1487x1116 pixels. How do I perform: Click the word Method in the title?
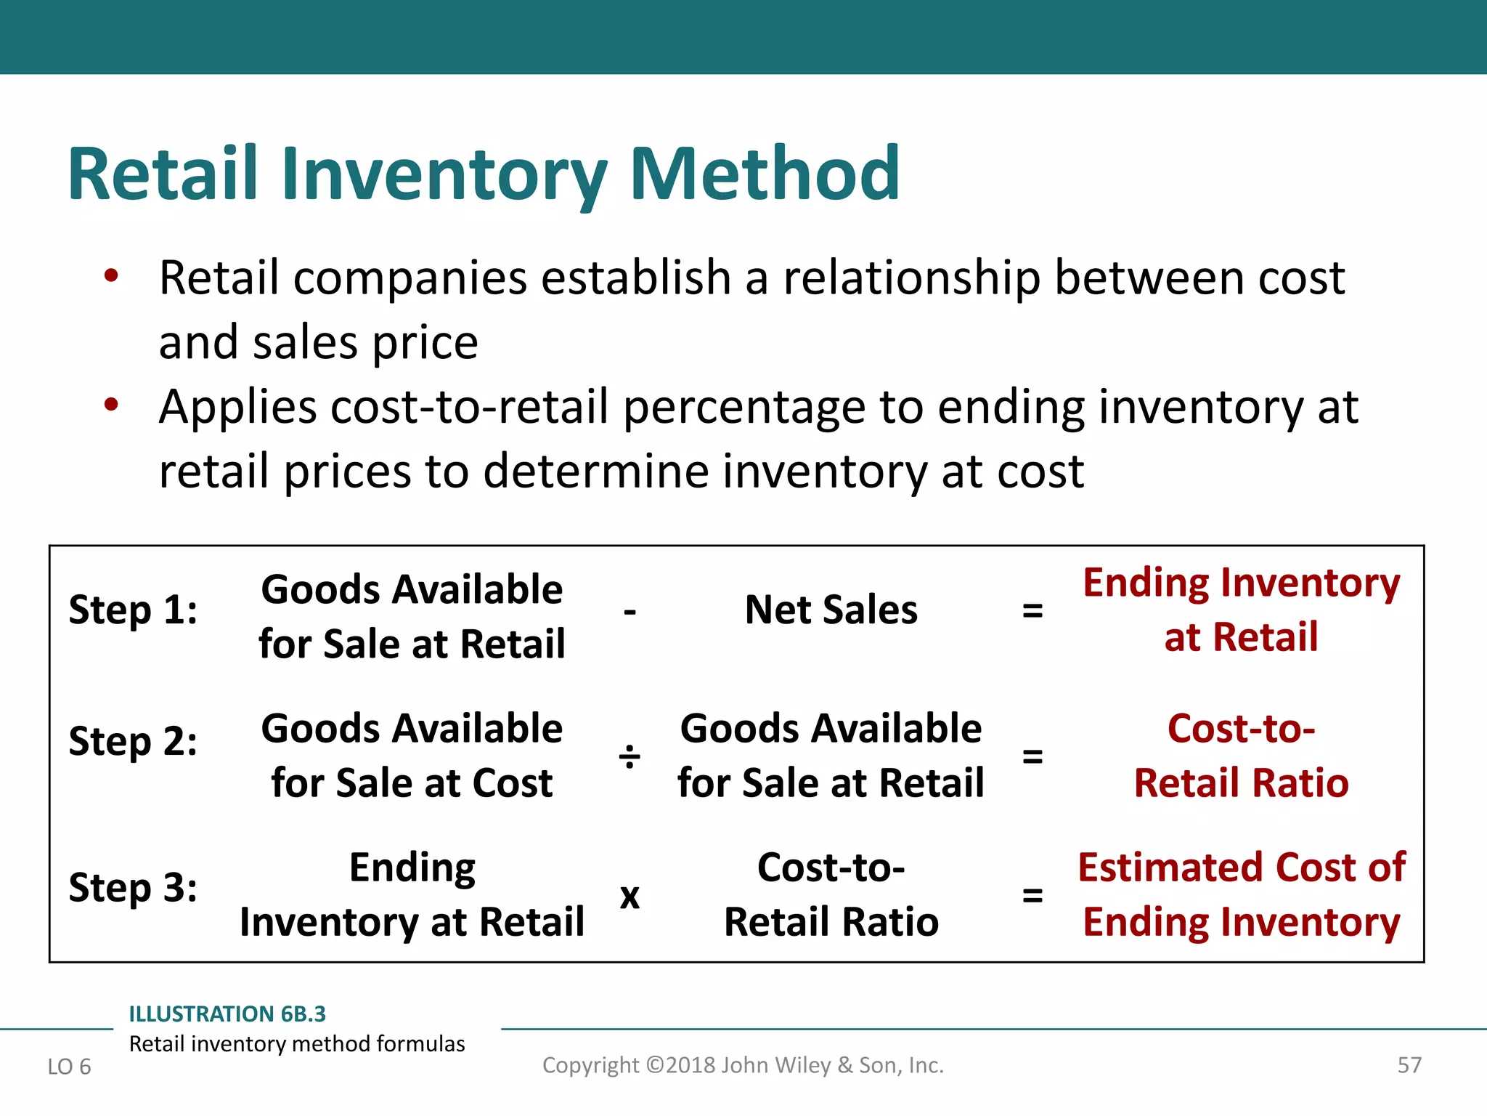coord(765,174)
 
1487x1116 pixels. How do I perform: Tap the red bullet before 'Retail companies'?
coord(110,276)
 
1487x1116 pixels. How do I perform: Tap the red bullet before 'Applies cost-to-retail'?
coord(110,405)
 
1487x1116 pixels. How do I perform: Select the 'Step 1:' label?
coord(133,610)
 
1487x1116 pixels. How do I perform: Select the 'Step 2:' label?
coord(133,742)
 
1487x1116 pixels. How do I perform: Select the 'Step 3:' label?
coord(133,888)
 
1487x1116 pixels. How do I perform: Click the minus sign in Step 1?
coord(630,612)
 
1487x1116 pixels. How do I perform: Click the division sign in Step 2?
coord(630,757)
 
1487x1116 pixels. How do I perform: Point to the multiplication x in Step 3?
coord(630,897)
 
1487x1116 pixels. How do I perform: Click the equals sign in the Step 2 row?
coord(1032,756)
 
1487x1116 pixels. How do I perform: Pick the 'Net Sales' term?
coord(831,610)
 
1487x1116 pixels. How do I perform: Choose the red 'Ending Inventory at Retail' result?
coord(1241,610)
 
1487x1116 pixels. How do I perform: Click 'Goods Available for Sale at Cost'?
coord(412,756)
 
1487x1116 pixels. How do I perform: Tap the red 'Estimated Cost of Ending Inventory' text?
coord(1241,894)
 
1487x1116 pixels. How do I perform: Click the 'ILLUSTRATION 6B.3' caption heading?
coord(227,1014)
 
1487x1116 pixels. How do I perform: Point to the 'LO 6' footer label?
coord(69,1067)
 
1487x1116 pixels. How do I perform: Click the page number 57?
coord(1409,1065)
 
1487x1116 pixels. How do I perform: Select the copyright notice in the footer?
coord(743,1065)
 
